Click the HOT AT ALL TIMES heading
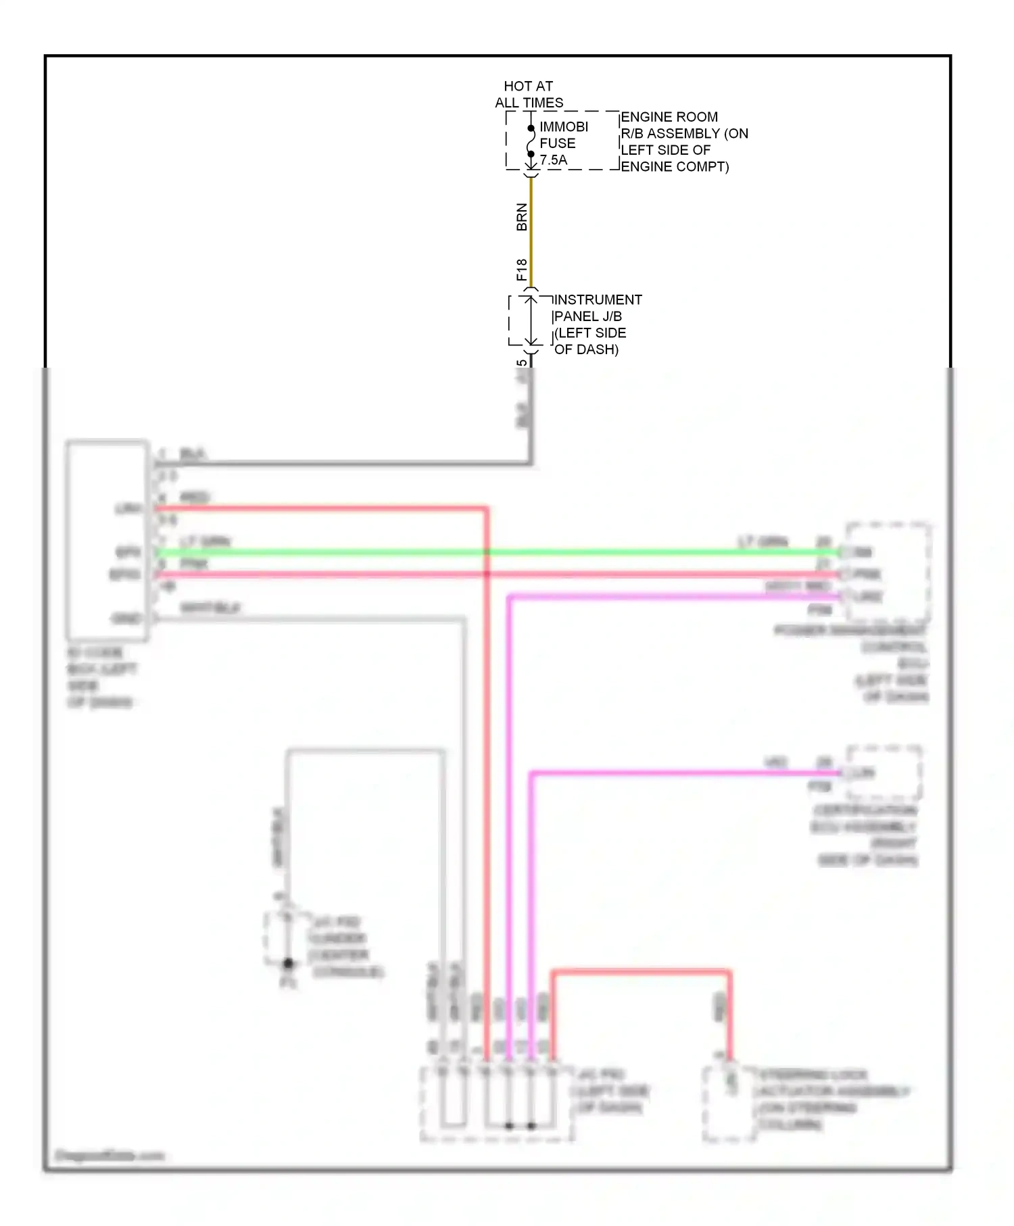click(x=528, y=95)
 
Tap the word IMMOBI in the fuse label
click(x=563, y=127)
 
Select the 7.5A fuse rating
click(x=554, y=160)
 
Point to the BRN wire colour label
click(x=521, y=217)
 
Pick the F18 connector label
click(x=521, y=270)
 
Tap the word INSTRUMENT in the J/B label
click(x=597, y=299)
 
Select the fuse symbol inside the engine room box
click(x=531, y=141)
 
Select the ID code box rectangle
click(x=107, y=539)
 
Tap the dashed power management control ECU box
click(x=888, y=572)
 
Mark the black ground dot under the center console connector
click(x=288, y=964)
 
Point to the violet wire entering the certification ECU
click(x=676, y=773)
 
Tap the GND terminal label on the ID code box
click(x=126, y=618)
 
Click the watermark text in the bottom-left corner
click(x=109, y=1155)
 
